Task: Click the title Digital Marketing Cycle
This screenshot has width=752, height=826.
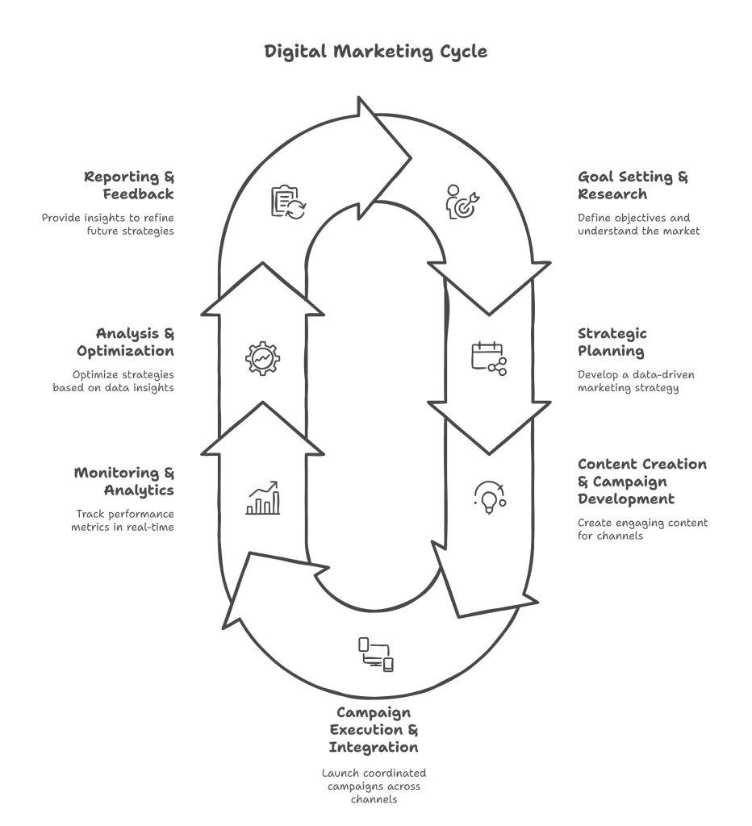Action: (376, 52)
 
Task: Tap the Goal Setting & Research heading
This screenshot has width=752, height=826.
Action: (633, 185)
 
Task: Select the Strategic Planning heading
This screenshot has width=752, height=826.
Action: (612, 342)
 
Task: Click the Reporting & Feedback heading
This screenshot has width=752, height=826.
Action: (129, 185)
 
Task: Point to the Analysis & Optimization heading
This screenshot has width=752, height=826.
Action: (125, 342)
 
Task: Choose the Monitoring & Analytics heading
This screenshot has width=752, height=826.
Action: (123, 481)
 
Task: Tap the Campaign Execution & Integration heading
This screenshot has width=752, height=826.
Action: (374, 729)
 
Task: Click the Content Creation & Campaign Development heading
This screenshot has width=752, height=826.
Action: (642, 482)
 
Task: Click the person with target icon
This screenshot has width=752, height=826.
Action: (462, 201)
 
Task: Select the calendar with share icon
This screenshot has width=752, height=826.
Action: (489, 358)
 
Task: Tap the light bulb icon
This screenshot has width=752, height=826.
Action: (490, 497)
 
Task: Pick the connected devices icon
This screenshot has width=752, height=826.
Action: (376, 654)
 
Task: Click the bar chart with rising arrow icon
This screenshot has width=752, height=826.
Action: (263, 497)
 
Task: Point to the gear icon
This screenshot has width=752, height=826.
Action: (262, 358)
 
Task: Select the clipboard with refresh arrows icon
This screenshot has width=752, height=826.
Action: (288, 201)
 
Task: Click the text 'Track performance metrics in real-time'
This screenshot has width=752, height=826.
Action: (123, 520)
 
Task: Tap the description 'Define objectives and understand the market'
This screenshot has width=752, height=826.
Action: (639, 224)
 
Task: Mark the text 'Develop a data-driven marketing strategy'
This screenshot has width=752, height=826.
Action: (636, 382)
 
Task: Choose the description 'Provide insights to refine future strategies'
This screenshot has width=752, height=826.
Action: (108, 224)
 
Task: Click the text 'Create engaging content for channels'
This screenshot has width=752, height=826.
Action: (643, 529)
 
